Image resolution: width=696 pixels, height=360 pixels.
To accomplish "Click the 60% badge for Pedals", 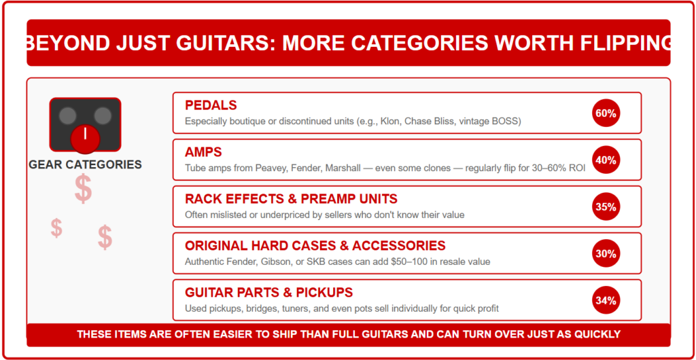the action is tap(606, 113).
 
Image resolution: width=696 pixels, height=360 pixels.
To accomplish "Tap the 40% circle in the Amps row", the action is tap(606, 160).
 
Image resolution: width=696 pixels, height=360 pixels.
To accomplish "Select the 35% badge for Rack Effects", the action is tap(606, 206).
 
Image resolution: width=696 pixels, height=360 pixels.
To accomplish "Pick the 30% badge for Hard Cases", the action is tap(606, 253).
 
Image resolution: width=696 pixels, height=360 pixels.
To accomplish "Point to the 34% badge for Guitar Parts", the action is tap(606, 300).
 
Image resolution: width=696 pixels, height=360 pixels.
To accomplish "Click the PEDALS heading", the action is tap(211, 105).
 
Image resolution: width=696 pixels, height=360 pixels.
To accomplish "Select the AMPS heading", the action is tap(203, 152).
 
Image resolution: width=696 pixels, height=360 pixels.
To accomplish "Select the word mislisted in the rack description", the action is tap(226, 215).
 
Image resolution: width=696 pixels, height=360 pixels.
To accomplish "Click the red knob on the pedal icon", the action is tap(85, 139).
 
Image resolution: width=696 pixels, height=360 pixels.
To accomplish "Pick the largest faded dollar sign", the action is tap(84, 188).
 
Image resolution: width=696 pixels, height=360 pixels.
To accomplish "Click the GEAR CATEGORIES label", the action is tap(85, 165).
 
